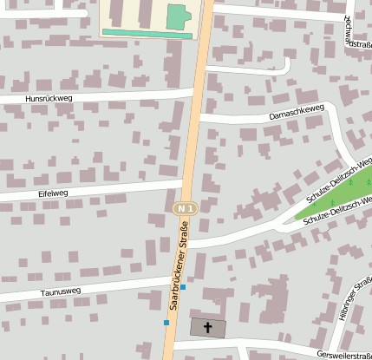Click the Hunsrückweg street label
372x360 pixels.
[49, 99]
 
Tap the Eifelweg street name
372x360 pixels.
[53, 193]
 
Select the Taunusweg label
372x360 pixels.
[61, 292]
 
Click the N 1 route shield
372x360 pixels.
[183, 209]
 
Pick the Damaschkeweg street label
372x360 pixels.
[297, 111]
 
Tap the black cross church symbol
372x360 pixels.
[207, 328]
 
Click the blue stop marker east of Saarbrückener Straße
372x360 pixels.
[183, 286]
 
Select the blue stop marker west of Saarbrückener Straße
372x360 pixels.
[166, 323]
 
